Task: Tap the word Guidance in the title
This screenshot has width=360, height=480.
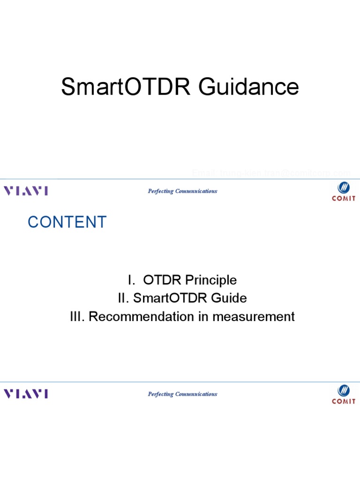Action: tap(248, 87)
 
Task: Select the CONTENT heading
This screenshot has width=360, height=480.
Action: tap(67, 222)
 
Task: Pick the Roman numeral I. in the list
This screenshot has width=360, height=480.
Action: tap(132, 280)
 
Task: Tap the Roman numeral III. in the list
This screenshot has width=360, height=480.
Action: tap(77, 316)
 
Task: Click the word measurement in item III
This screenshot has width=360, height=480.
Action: tap(253, 316)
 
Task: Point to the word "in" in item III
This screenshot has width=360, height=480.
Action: tap(203, 316)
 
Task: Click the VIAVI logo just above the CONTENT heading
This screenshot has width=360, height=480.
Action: tap(26, 191)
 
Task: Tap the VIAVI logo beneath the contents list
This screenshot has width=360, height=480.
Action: tap(26, 394)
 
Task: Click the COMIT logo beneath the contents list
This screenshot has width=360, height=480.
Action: tap(344, 394)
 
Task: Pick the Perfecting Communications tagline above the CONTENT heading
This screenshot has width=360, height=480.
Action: tap(182, 191)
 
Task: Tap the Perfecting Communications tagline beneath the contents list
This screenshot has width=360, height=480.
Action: tap(182, 394)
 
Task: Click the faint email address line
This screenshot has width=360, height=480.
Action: tap(271, 174)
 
